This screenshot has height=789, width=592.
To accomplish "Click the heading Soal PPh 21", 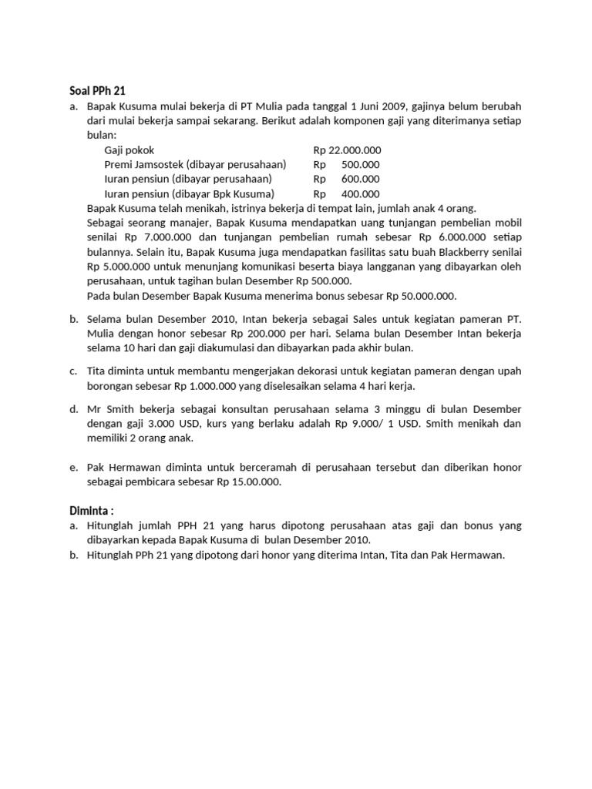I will click(92, 90).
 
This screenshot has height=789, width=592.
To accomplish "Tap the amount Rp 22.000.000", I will click(347, 150).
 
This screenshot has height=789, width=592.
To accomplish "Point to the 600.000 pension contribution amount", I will click(360, 180).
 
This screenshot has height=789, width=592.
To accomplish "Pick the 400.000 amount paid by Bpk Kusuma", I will click(360, 194).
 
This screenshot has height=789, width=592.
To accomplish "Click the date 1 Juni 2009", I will click(378, 106).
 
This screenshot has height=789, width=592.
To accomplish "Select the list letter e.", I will click(73, 467).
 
